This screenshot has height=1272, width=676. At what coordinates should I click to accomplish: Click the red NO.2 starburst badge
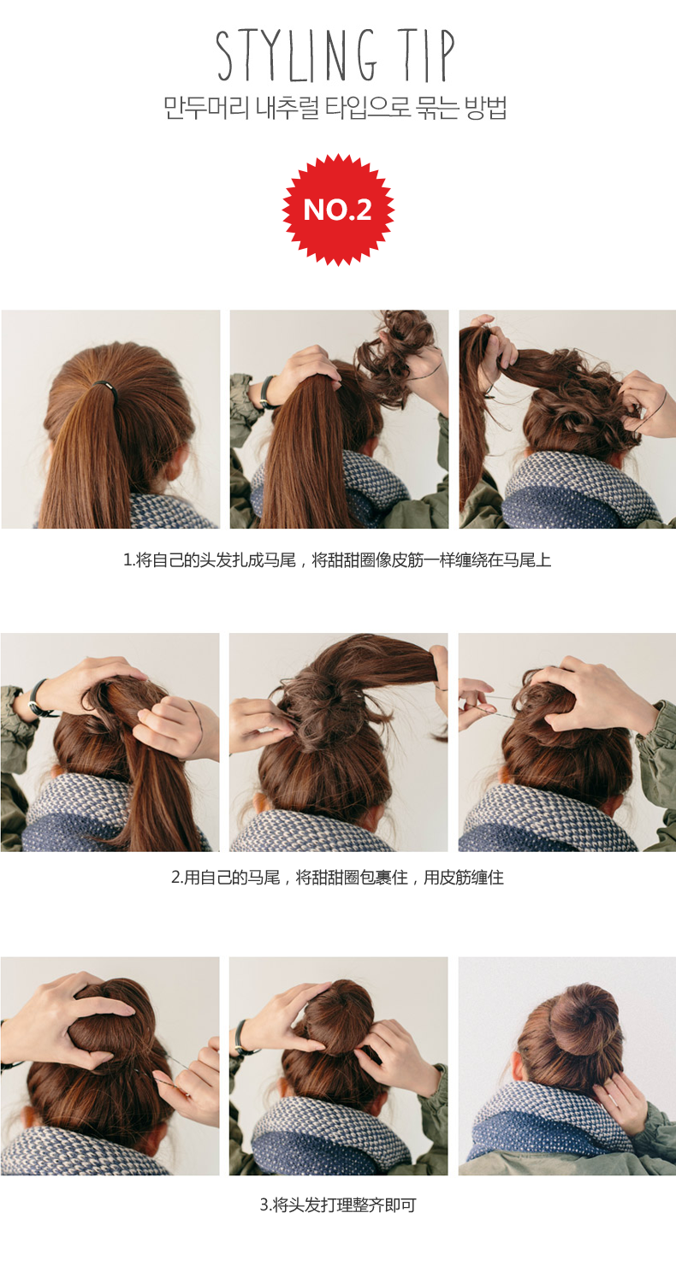click(x=338, y=210)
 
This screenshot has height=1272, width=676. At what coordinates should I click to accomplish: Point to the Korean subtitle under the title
click(x=336, y=109)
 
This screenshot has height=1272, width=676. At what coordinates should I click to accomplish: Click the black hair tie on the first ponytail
click(x=104, y=387)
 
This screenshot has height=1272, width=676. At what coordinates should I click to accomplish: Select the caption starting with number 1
click(x=337, y=560)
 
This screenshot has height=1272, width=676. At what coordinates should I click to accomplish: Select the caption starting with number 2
click(x=337, y=878)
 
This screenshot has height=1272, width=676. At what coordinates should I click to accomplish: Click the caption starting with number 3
click(x=337, y=1205)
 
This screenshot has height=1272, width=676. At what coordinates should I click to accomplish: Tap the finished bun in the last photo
click(x=582, y=1018)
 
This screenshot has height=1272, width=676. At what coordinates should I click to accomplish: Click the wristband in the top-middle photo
click(x=268, y=391)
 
